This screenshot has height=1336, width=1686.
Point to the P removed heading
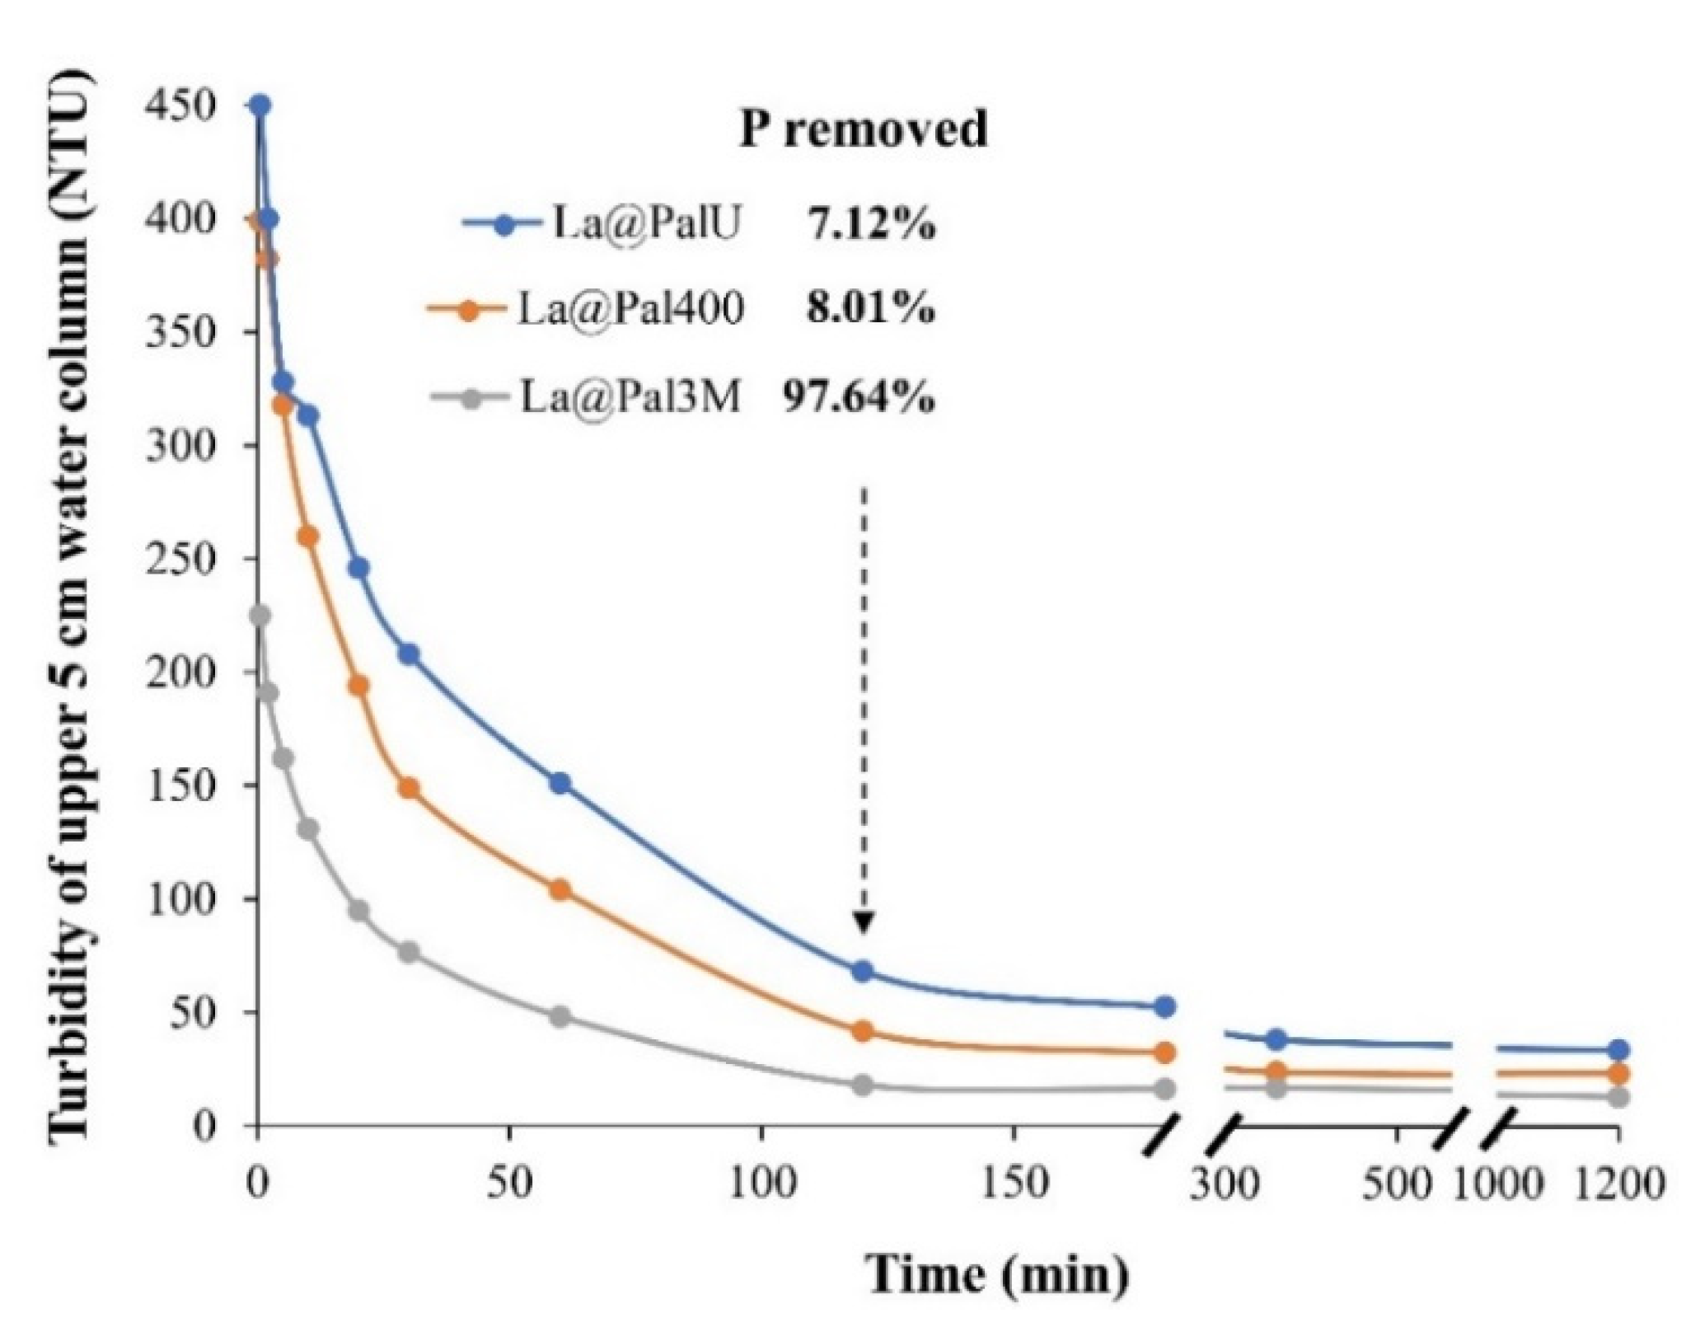[x=862, y=129]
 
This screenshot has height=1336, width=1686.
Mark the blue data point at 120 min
[x=863, y=971]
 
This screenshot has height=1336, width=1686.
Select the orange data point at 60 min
[x=560, y=890]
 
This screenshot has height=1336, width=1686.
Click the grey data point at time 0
[x=260, y=616]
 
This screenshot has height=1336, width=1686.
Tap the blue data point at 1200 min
[x=1618, y=1050]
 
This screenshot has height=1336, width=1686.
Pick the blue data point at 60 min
[x=560, y=783]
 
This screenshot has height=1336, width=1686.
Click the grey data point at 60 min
[x=560, y=1016]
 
